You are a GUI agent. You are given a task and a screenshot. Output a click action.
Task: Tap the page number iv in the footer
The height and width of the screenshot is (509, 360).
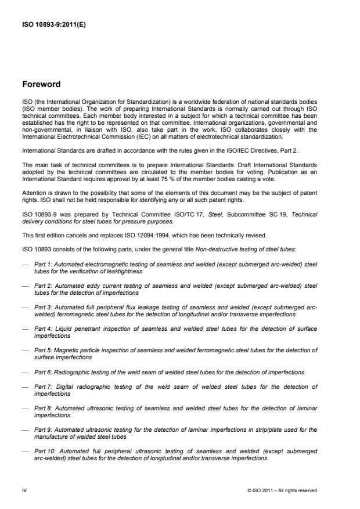point(24,490)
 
